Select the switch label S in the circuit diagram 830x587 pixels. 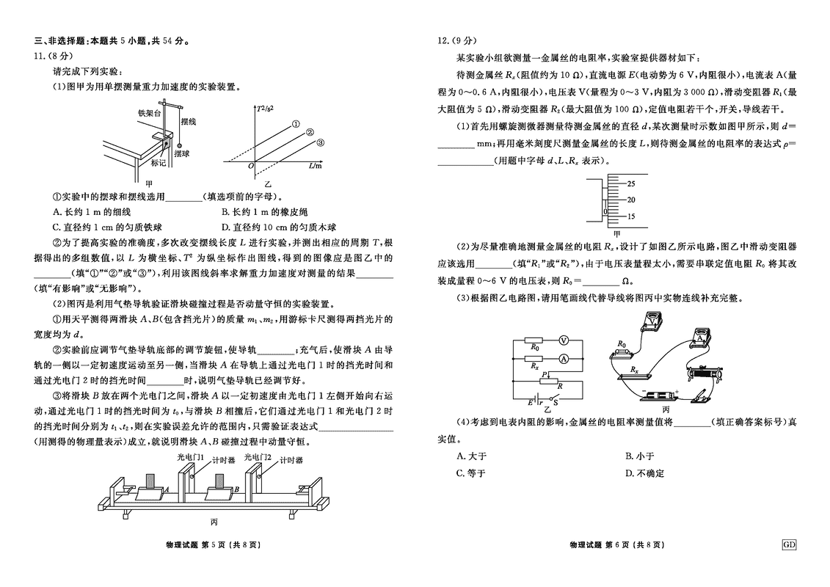tap(557, 401)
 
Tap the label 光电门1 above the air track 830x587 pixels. tap(190, 456)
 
